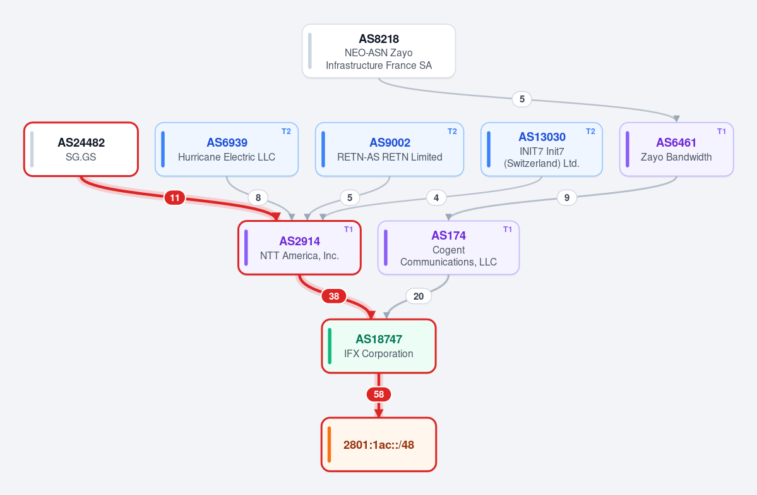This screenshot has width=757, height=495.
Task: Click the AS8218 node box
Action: [379, 51]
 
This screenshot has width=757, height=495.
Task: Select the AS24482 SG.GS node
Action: [81, 149]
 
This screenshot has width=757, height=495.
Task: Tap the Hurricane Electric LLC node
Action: [227, 149]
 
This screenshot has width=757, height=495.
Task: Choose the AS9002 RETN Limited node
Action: [390, 149]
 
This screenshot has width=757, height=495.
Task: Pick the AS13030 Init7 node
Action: [542, 149]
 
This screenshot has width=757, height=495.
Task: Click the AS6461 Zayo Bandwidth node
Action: [676, 149]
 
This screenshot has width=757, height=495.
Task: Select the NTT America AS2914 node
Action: [299, 248]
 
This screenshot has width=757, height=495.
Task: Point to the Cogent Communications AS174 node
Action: [448, 248]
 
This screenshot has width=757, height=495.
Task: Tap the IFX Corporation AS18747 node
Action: [379, 346]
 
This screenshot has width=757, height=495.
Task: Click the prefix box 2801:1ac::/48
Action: [379, 444]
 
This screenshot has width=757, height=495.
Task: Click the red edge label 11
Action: [175, 198]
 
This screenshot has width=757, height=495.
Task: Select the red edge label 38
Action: [334, 296]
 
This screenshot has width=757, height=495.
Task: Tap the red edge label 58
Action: [379, 394]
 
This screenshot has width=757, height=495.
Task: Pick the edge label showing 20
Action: [419, 296]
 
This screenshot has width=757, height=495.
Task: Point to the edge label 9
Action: [567, 198]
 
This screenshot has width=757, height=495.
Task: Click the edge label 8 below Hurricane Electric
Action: [258, 198]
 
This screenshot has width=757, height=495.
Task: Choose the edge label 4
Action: [436, 198]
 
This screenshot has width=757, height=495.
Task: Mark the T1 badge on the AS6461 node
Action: [721, 131]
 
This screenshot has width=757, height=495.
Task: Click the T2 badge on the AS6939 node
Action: [286, 131]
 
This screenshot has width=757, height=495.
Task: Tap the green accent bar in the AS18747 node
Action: [330, 346]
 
